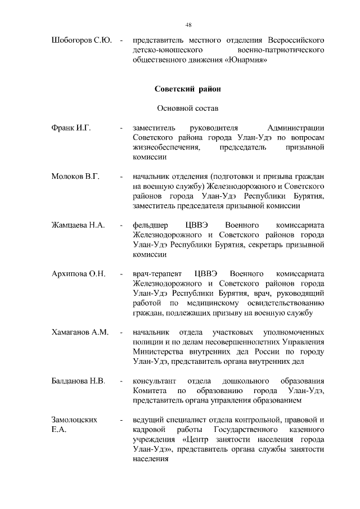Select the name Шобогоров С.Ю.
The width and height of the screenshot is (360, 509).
point(81,40)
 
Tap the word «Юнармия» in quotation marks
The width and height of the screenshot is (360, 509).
point(244,61)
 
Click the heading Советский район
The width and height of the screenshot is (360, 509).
point(188,89)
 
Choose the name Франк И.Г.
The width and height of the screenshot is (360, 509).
point(71,128)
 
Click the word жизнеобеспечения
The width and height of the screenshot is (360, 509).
point(166,148)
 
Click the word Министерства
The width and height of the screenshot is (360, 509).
point(163,352)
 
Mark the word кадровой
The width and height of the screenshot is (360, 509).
point(150,430)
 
